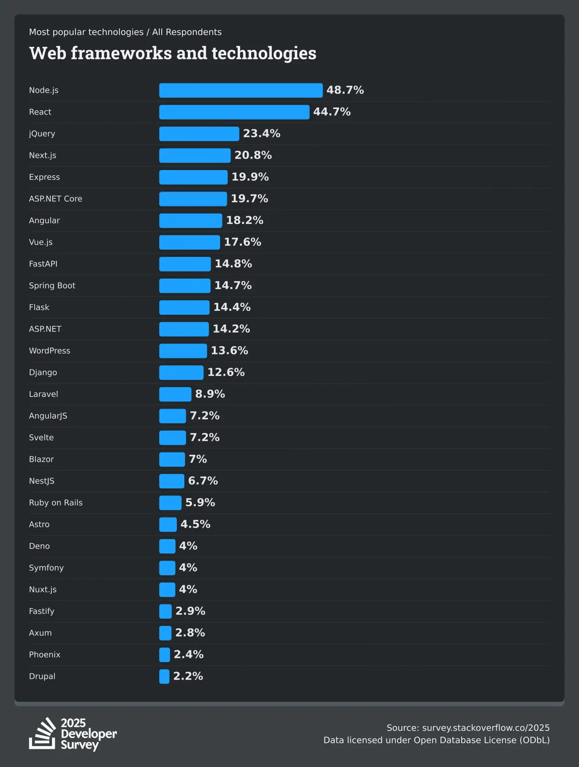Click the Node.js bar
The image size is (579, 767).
pos(241,90)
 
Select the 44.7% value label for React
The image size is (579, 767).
pos(332,112)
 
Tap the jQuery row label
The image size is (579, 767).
pos(42,133)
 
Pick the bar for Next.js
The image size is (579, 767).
pos(195,155)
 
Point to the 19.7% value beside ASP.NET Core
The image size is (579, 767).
pos(249,199)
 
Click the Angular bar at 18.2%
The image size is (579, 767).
pos(191,221)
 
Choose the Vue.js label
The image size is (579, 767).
pos(41,242)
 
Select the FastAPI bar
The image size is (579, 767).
pos(185,264)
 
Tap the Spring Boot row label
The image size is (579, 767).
pos(52,286)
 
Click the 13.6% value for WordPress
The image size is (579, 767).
pos(229,351)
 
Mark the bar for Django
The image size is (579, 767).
pos(181,372)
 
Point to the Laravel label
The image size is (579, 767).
pos(43,394)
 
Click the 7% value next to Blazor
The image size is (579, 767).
pos(198,459)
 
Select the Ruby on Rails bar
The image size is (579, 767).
pos(170,503)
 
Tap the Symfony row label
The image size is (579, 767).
pos(46,568)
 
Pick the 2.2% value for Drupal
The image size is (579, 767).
pos(188,676)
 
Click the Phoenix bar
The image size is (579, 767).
pos(164,655)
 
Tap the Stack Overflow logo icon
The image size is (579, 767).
pos(42,734)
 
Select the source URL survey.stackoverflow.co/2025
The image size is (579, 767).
pos(485,728)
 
